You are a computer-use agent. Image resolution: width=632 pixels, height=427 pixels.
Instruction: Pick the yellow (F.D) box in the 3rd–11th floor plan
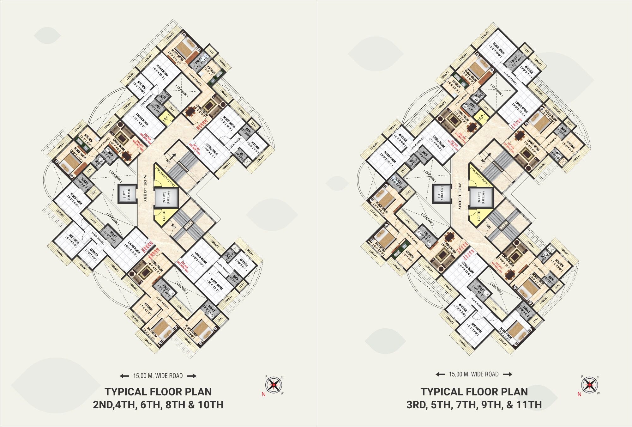[x=481, y=117]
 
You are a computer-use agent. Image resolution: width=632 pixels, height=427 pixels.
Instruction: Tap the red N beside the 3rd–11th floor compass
[x=579, y=394]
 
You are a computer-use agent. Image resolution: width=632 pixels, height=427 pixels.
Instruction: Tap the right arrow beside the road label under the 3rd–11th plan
[x=508, y=374]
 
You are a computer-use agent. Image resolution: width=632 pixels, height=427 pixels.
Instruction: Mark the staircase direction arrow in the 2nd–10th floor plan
[x=173, y=156]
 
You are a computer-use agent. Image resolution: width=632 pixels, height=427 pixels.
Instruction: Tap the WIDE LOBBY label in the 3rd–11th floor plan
[x=460, y=196]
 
